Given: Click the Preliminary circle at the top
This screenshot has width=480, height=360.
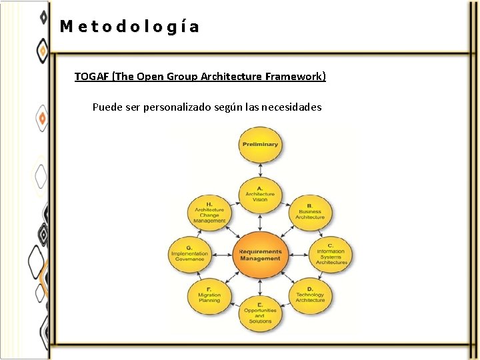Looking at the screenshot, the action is point(260,145).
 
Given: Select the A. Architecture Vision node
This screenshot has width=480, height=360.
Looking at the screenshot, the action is point(260,194).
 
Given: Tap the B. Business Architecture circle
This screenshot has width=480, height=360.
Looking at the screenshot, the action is point(310,212).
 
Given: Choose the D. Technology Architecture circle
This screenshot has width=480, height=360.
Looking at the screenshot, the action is point(310,296).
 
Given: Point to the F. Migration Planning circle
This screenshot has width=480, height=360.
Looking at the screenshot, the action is point(209,296).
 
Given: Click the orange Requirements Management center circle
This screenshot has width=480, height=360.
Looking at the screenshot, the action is point(260,255).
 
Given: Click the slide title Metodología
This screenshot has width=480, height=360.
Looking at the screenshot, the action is point(129,27).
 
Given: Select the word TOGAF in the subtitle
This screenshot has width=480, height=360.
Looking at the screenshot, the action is point(92,77).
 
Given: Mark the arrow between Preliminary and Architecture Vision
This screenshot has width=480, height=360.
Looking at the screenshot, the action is point(260,169).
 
